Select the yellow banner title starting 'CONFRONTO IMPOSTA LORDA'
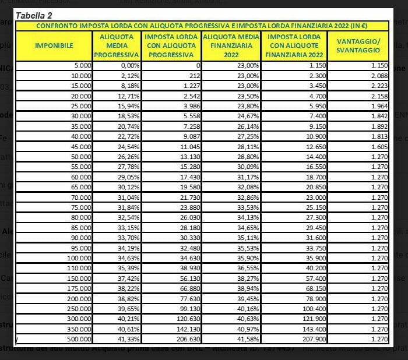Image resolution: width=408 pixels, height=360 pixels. pos(203,25)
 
